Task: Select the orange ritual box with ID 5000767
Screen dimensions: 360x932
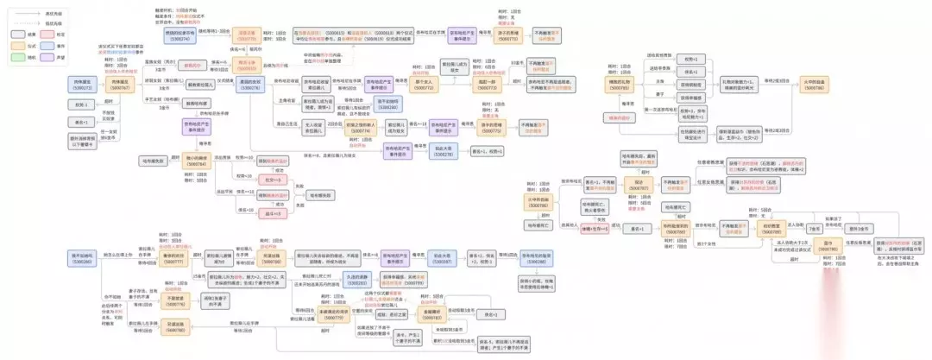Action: [118, 84]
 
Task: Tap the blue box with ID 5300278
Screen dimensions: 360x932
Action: [442, 150]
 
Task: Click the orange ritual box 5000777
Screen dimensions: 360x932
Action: [174, 258]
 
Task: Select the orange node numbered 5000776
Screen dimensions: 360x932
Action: [176, 303]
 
